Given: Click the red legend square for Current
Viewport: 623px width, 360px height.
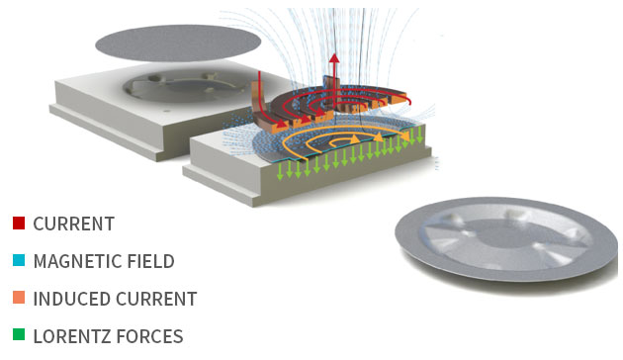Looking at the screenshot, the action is (x=19, y=223).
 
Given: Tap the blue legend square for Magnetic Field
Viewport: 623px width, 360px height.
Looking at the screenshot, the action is (x=19, y=260).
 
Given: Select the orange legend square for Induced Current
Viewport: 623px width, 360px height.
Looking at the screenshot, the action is (x=19, y=298).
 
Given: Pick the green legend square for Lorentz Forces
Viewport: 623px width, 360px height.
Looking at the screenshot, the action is (x=19, y=334).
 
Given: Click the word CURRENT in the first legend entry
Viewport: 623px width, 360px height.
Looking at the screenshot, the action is (x=74, y=224).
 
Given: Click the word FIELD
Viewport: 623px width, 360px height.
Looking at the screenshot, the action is (x=151, y=261).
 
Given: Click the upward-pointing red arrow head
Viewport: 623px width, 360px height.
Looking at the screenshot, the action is (x=334, y=58).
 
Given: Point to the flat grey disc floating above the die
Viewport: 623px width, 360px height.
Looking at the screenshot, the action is (x=178, y=43).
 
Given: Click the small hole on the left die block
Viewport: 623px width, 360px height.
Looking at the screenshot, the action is (x=167, y=111).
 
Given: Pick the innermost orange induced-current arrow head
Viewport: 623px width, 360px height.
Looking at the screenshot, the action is (x=353, y=138).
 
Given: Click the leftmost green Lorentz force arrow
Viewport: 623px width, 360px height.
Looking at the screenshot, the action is (x=280, y=171).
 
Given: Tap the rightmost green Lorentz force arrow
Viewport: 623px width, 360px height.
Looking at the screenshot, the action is (x=419, y=135).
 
